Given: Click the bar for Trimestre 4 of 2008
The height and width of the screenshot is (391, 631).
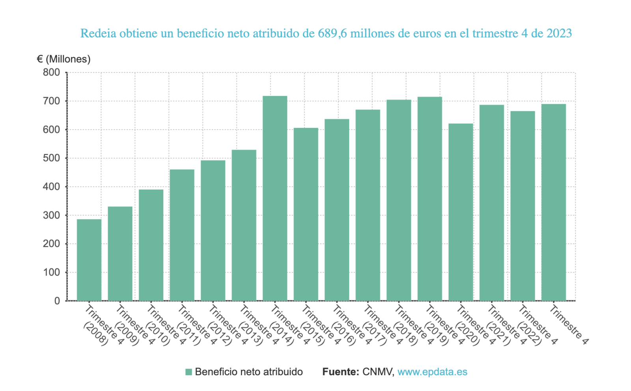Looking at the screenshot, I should pyautogui.click(x=89, y=260).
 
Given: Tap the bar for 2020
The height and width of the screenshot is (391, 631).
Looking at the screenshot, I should pyautogui.click(x=461, y=212).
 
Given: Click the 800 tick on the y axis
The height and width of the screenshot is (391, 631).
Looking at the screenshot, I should pyautogui.click(x=51, y=72).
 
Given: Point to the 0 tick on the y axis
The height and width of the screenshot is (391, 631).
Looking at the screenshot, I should pyautogui.click(x=57, y=301).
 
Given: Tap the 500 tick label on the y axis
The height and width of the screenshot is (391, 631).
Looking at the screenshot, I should pyautogui.click(x=51, y=158).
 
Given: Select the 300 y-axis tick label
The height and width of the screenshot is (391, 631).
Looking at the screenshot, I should pyautogui.click(x=51, y=215).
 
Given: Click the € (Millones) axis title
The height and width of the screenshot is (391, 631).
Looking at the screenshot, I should pyautogui.click(x=63, y=59).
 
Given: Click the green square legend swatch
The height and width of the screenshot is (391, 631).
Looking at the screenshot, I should pyautogui.click(x=189, y=372).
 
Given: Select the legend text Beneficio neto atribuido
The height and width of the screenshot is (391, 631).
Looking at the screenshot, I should pyautogui.click(x=248, y=372).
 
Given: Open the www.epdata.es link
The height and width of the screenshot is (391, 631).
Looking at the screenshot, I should pyautogui.click(x=432, y=372).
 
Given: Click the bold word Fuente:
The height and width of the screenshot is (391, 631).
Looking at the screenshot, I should pyautogui.click(x=340, y=372).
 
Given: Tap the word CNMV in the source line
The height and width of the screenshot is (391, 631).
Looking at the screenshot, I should pyautogui.click(x=378, y=372).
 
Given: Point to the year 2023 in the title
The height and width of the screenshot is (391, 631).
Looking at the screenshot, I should pyautogui.click(x=559, y=33).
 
